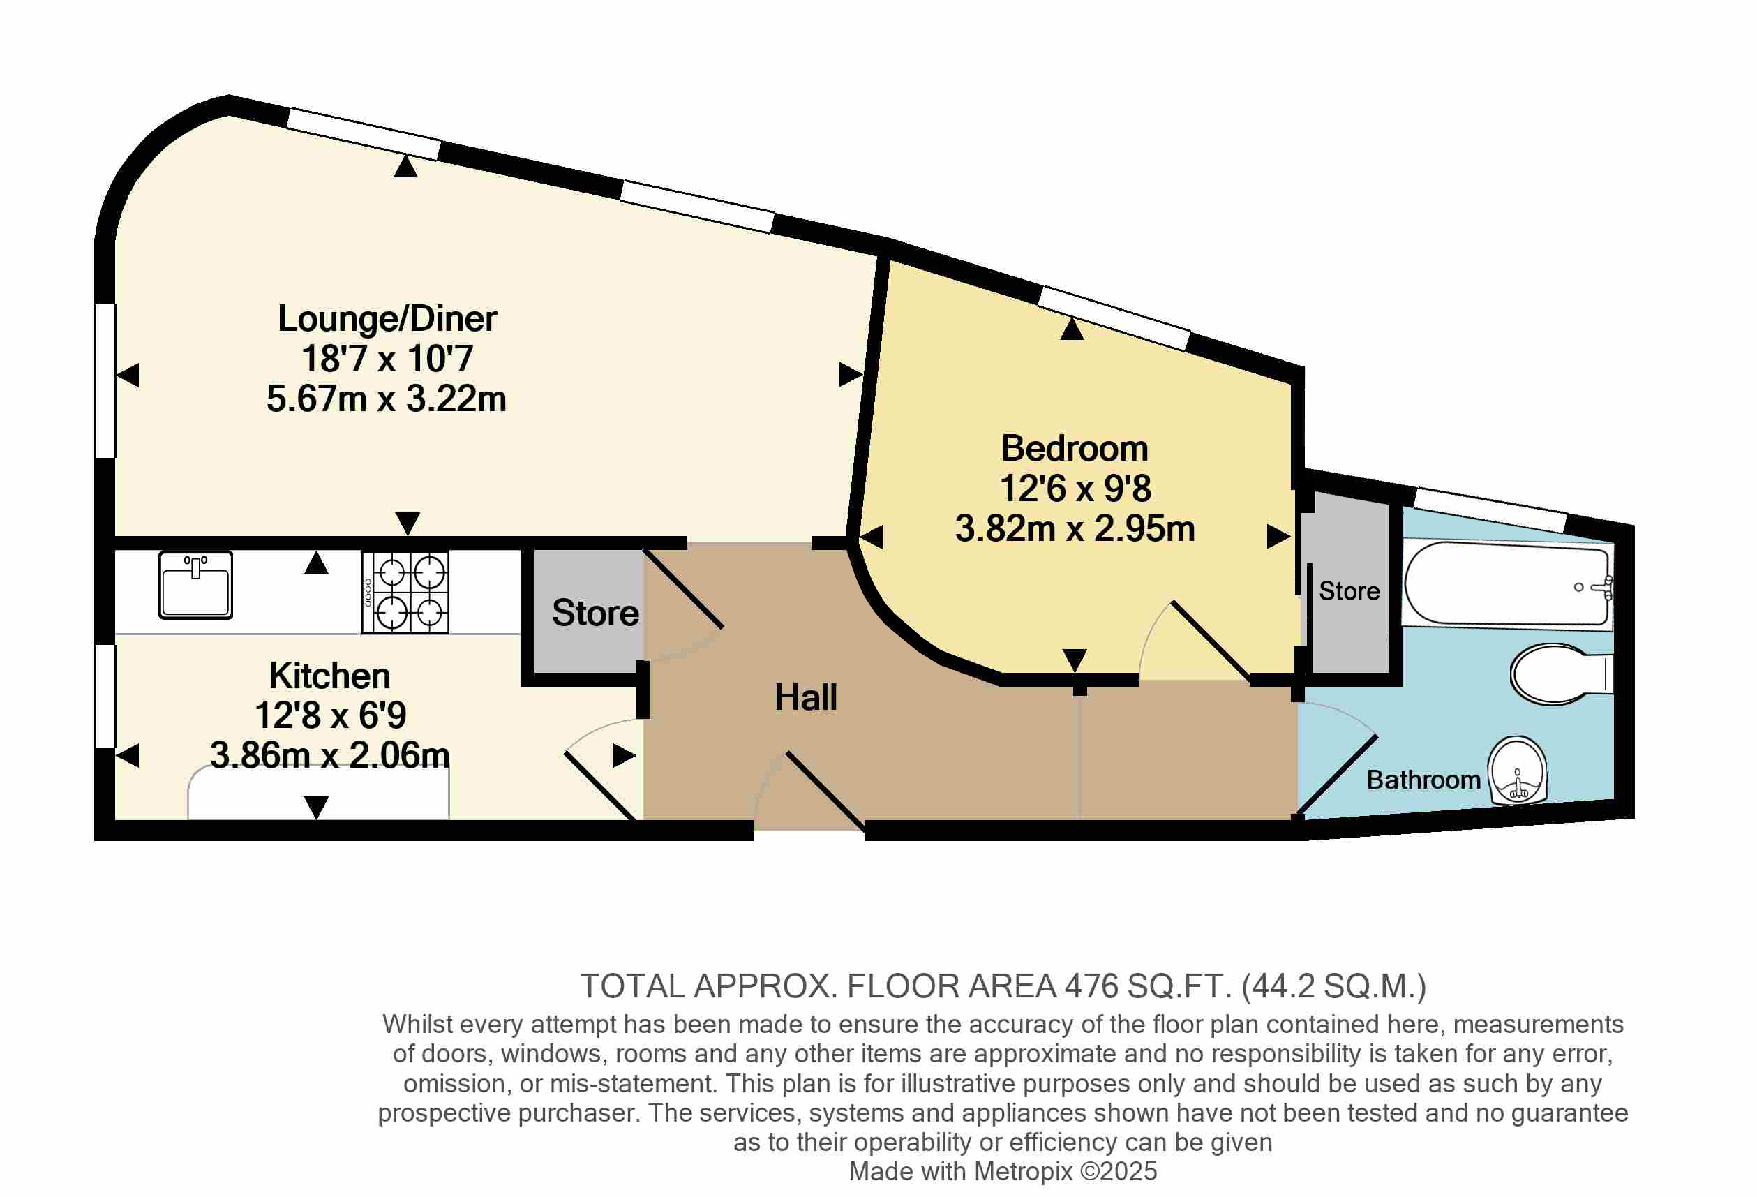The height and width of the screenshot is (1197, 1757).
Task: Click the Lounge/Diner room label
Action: click(387, 319)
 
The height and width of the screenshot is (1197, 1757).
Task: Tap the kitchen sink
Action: click(195, 584)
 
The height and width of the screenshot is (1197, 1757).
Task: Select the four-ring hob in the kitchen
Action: click(405, 592)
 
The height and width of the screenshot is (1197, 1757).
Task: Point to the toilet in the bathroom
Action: click(1561, 674)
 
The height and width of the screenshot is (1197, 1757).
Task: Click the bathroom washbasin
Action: click(1518, 771)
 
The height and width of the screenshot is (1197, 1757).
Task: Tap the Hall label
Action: click(806, 697)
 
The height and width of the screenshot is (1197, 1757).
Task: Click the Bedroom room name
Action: click(1075, 448)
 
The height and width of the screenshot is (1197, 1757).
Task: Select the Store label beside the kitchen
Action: click(595, 613)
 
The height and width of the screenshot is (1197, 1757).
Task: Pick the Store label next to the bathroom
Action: click(1349, 591)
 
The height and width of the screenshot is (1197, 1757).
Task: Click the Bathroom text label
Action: click(1423, 780)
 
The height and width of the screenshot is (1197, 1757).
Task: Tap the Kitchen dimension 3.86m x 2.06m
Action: click(329, 754)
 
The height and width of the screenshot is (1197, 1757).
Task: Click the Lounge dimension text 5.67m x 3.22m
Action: click(387, 399)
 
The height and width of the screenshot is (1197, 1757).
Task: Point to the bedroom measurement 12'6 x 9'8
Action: click(1075, 489)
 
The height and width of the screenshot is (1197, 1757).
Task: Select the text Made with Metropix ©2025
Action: click(1003, 1171)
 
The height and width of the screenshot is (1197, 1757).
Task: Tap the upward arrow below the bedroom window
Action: click(1072, 329)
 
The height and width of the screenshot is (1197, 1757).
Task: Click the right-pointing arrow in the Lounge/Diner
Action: click(851, 374)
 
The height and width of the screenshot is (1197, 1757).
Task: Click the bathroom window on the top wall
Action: click(1491, 510)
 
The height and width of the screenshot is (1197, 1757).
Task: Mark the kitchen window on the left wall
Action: click(105, 697)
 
